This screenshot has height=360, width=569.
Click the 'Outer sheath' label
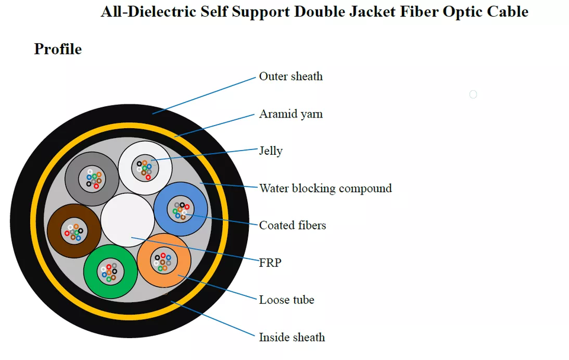[290, 77]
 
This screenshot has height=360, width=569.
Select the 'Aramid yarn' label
[290, 114]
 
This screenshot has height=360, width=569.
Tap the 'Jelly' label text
[270, 151]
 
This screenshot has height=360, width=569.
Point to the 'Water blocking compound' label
[325, 189]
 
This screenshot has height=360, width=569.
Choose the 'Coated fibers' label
[292, 225]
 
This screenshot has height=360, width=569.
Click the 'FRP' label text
[270, 262]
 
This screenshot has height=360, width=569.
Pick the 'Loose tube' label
[286, 300]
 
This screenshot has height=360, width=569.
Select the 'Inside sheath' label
[292, 337]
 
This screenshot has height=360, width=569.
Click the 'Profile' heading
[57, 49]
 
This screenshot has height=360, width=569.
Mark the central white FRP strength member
[127, 220]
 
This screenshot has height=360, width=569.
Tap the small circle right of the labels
[473, 94]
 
